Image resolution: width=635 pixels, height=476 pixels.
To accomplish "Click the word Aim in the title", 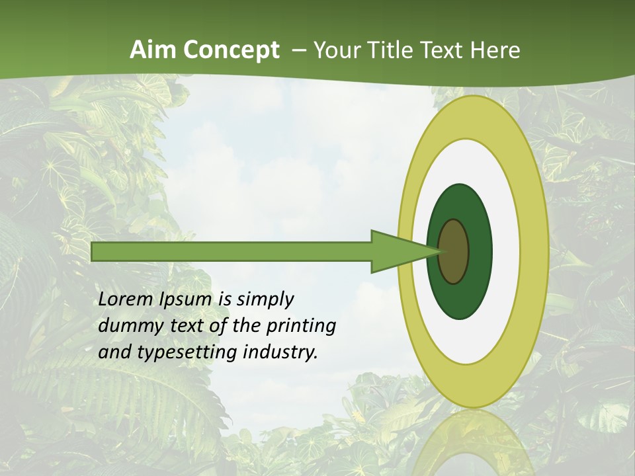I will (153, 50).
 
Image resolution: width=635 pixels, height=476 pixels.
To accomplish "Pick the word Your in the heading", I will (337, 50).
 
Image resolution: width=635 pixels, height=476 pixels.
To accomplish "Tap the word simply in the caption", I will (265, 299).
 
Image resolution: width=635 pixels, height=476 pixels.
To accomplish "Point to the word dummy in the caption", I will (127, 326).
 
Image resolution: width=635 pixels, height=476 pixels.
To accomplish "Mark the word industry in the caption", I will (280, 352).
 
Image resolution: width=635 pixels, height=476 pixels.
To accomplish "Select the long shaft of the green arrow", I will (232, 251).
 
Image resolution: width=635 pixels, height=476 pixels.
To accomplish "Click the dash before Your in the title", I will (298, 50).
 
